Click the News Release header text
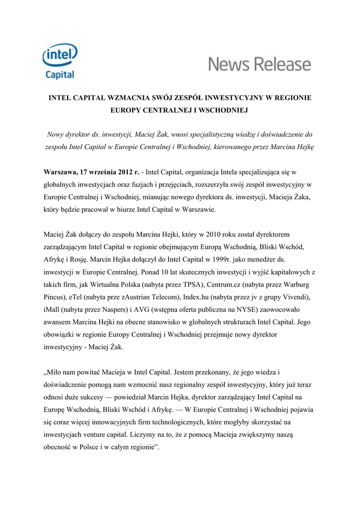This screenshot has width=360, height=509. pyautogui.click(x=259, y=65)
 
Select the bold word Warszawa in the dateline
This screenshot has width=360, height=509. pyautogui.click(x=61, y=172)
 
